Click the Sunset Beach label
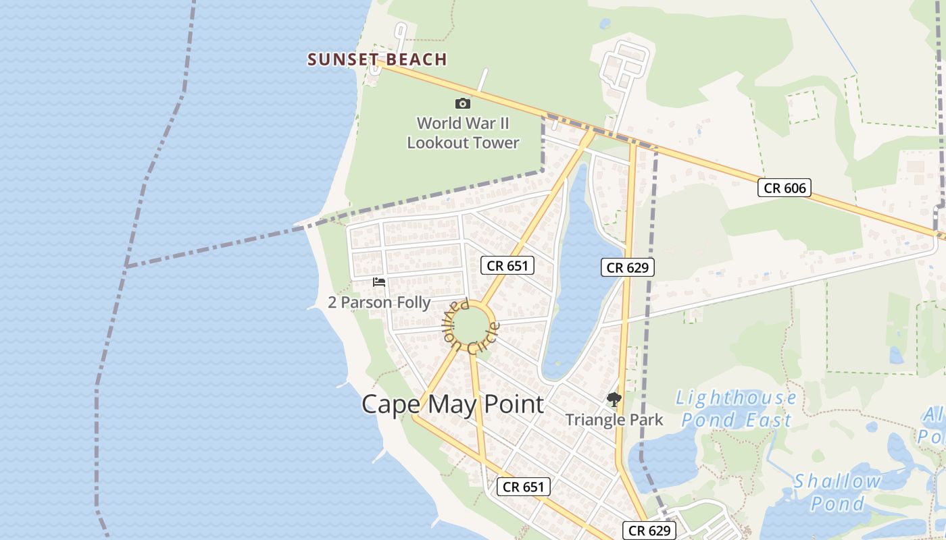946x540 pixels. [377, 59]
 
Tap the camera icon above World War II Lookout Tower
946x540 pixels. [463, 103]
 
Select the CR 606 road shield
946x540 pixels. [784, 188]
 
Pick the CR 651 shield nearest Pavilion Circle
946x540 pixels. [507, 265]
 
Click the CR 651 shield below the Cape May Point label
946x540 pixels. [524, 486]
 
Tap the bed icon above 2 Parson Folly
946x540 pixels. [379, 282]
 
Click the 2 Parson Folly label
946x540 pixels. [379, 302]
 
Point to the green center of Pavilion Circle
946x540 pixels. [472, 325]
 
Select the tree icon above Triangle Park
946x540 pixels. [614, 400]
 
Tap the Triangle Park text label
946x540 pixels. [614, 420]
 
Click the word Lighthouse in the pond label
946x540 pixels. [737, 398]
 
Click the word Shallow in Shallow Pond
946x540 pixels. [838, 482]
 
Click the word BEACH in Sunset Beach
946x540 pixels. [416, 59]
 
